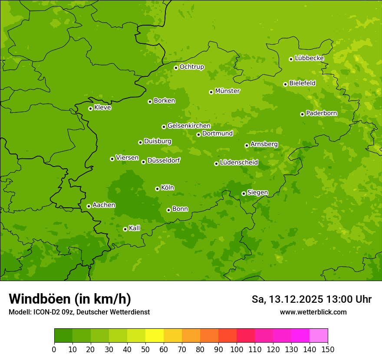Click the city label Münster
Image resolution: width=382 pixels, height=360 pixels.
(227, 91)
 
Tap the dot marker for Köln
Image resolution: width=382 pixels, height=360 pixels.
(157, 189)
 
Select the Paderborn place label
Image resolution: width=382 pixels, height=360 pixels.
(321, 113)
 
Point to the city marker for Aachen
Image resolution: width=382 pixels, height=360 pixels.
(89, 206)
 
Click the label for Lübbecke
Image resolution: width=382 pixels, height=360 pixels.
(309, 58)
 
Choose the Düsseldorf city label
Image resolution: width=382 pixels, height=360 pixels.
(163, 160)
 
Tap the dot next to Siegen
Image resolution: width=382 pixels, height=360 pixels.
(244, 193)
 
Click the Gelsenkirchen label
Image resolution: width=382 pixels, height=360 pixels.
(189, 126)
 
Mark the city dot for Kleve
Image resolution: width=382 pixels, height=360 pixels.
(90, 108)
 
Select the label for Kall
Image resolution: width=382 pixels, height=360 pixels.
(134, 228)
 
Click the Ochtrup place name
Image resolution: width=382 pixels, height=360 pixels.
(191, 67)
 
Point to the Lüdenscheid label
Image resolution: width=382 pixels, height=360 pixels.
(239, 163)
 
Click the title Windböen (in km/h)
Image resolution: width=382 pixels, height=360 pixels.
(70, 299)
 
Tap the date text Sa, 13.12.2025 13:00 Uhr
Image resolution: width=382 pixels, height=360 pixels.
(311, 299)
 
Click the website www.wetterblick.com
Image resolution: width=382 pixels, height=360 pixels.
(313, 312)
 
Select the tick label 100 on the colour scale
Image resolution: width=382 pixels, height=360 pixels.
(237, 349)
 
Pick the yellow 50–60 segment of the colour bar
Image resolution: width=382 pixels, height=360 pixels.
(155, 336)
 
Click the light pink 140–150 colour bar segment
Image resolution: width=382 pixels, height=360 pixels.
(319, 336)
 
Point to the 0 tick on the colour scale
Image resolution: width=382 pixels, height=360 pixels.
(54, 349)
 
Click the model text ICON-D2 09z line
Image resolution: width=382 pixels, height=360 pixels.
(79, 312)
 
